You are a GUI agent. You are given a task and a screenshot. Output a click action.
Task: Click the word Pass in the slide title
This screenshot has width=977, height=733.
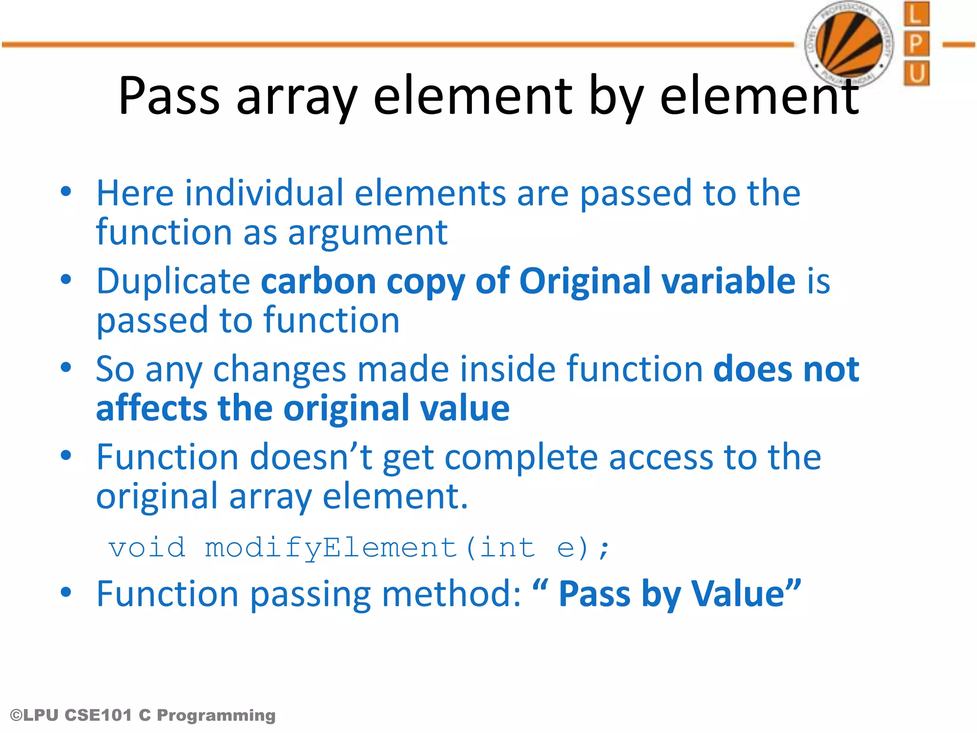click(x=169, y=96)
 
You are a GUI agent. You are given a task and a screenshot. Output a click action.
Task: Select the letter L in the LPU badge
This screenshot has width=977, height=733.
click(x=916, y=14)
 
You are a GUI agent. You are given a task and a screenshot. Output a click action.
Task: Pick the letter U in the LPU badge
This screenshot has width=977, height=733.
click(x=916, y=73)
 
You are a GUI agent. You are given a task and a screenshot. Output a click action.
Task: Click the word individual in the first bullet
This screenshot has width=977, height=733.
click(x=264, y=193)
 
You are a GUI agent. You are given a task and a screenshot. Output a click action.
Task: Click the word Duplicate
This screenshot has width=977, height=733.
click(x=173, y=281)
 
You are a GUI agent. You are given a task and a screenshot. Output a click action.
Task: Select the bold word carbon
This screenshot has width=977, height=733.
click(x=319, y=281)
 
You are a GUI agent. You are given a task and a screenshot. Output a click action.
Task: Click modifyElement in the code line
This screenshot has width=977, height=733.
click(x=331, y=548)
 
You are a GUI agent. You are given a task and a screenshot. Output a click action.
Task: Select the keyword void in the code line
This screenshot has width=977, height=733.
click(x=147, y=548)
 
